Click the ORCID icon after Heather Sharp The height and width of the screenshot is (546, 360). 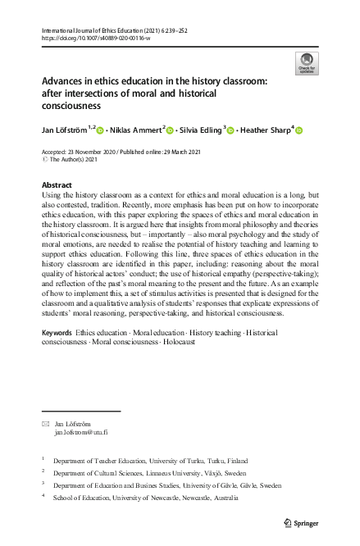299,130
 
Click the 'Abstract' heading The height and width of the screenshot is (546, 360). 56,185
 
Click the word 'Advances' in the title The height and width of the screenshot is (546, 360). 66,82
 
